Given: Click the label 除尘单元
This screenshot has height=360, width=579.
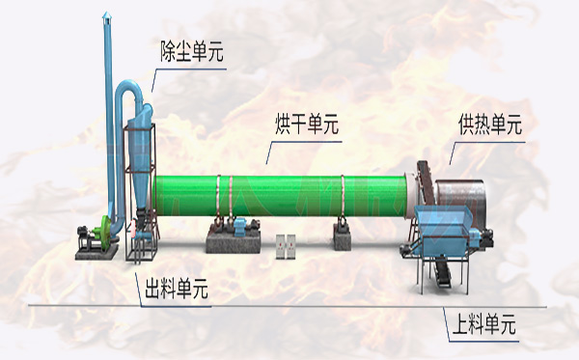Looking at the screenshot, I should [191, 53].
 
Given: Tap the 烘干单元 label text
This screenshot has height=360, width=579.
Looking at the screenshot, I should [307, 126].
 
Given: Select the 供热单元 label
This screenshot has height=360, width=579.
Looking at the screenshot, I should [489, 125].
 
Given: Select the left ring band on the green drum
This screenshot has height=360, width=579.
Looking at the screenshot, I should [222, 197].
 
